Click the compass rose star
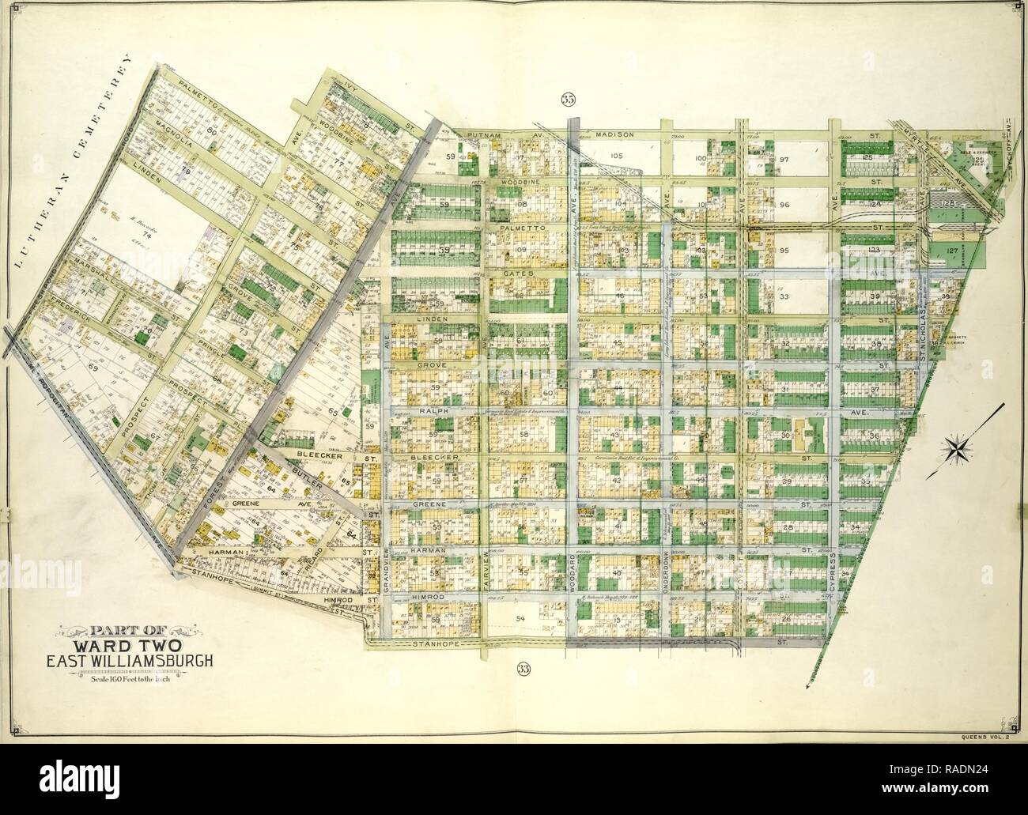959,448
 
